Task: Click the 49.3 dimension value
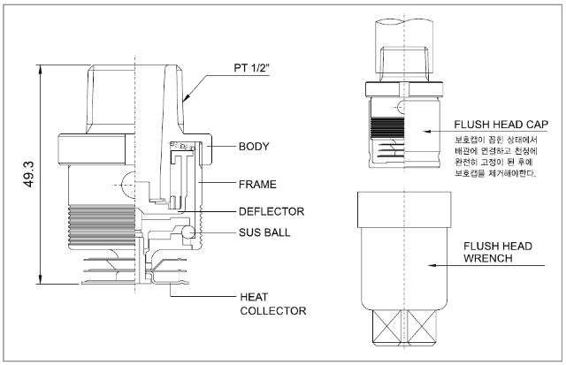pyautogui.click(x=29, y=175)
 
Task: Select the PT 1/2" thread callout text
pyautogui.click(x=252, y=68)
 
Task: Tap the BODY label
pyautogui.click(x=254, y=147)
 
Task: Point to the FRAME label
pyautogui.click(x=257, y=185)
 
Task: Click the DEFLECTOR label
pyautogui.click(x=272, y=211)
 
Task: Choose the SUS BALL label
pyautogui.click(x=264, y=232)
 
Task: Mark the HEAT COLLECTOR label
pyautogui.click(x=273, y=304)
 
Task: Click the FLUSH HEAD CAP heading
pyautogui.click(x=501, y=125)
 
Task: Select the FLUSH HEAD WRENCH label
pyautogui.click(x=498, y=252)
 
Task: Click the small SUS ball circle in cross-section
pyautogui.click(x=188, y=232)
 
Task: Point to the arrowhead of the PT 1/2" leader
pyautogui.click(x=187, y=96)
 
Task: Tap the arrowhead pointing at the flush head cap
pyautogui.click(x=427, y=132)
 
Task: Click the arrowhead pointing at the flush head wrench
pyautogui.click(x=432, y=265)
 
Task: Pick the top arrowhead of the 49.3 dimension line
pyautogui.click(x=41, y=69)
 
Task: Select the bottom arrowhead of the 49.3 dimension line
pyautogui.click(x=41, y=279)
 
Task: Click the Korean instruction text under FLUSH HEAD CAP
pyautogui.click(x=496, y=156)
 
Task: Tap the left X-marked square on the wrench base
pyautogui.click(x=386, y=327)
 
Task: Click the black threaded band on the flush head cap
pyautogui.click(x=387, y=128)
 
